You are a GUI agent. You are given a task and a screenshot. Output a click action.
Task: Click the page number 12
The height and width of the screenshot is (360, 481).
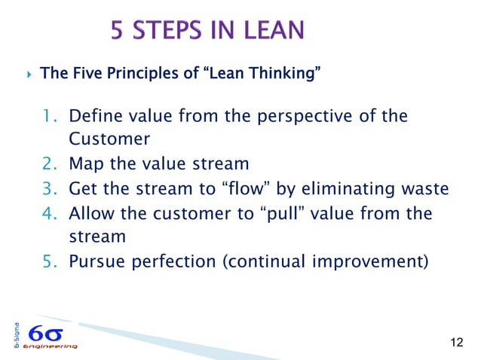(455, 343)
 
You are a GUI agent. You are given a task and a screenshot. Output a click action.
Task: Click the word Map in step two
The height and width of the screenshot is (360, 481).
(83, 164)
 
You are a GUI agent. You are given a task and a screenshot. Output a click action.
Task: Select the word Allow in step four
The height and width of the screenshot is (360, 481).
(89, 212)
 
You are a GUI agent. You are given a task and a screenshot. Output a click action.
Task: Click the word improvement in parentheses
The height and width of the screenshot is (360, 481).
(374, 261)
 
